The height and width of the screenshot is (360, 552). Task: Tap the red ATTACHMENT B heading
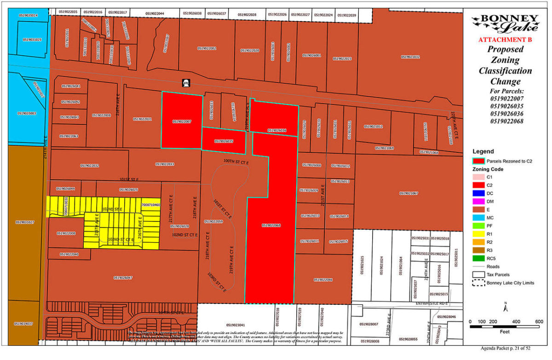pyautogui.click(x=505, y=40)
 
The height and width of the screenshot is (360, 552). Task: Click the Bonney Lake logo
pyautogui.click(x=505, y=23)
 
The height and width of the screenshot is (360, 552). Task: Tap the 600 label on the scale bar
pyautogui.click(x=538, y=322)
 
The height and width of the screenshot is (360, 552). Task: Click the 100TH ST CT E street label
pyautogui.click(x=236, y=162)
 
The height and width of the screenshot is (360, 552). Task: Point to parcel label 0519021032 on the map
pyautogui.click(x=410, y=57)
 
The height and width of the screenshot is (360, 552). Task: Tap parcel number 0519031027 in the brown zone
pyautogui.click(x=24, y=222)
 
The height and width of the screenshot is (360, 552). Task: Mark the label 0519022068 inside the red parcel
pyautogui.click(x=271, y=225)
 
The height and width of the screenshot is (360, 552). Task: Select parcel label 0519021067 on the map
pyautogui.click(x=408, y=193)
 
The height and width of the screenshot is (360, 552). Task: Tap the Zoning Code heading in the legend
pyautogui.click(x=488, y=169)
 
